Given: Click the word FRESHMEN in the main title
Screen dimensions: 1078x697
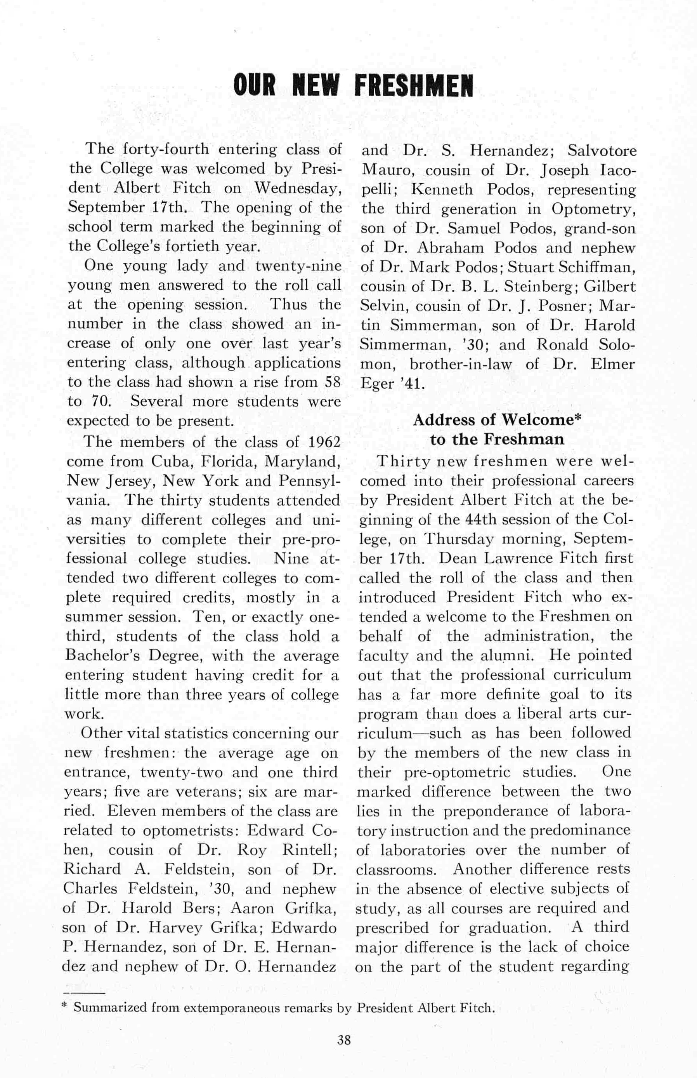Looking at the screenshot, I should pos(413,86).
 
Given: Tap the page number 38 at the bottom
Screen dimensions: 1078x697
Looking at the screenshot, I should pos(344,1027).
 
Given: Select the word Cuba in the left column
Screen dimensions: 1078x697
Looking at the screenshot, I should pos(171,462).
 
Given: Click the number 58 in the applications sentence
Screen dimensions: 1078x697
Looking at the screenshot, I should pos(333,382).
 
